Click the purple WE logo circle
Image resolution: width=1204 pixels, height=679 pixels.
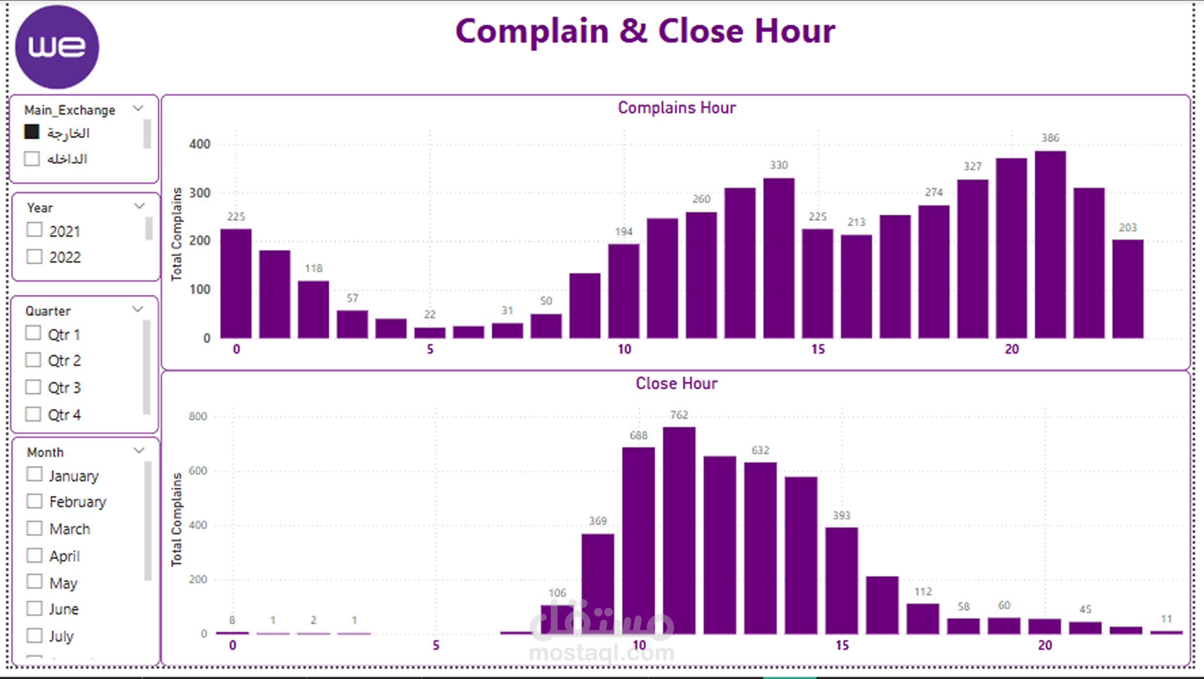pos(57,47)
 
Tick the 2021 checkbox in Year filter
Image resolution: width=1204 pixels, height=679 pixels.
pos(34,230)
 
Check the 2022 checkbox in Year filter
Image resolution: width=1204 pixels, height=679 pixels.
pos(34,256)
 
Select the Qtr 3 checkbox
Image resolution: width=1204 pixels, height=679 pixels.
pos(33,387)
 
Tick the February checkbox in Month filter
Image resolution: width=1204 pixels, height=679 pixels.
pos(34,501)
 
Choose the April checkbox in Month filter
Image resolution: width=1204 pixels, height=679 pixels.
pos(34,555)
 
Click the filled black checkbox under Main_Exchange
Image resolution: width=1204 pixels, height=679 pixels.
pos(32,132)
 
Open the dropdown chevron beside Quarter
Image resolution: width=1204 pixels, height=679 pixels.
pos(138,309)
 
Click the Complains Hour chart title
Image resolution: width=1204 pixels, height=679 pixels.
pos(676,107)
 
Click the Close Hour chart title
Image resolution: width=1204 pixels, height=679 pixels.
pos(676,383)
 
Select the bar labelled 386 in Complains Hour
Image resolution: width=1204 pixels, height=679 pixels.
pos(1050,245)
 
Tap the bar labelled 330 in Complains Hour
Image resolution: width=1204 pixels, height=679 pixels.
pos(779,258)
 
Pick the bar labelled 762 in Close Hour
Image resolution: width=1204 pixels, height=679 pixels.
pos(679,530)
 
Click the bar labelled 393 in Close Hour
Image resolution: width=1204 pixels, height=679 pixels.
pos(841,581)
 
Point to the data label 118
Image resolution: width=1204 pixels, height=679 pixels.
pos(314,268)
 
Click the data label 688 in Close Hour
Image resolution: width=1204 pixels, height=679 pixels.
pos(638,435)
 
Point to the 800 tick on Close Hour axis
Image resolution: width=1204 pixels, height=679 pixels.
pos(198,416)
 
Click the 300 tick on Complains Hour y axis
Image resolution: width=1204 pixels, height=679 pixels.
pos(200,193)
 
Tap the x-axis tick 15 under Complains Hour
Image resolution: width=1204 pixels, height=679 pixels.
pos(818,349)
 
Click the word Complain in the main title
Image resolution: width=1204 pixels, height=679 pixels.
pos(532,32)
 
